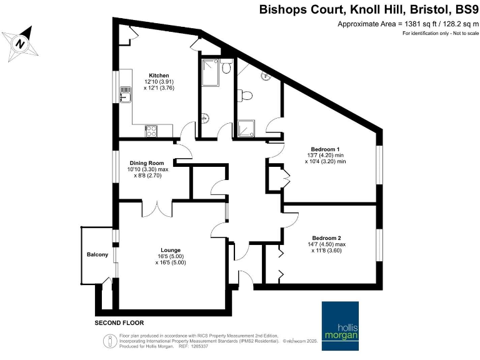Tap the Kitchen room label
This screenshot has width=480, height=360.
(154, 75)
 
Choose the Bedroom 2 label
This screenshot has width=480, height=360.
(326, 237)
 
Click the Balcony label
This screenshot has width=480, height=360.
(97, 254)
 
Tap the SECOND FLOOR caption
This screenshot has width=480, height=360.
(119, 323)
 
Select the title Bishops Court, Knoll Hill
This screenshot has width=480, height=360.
(337, 11)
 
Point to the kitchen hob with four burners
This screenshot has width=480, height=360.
(151, 131)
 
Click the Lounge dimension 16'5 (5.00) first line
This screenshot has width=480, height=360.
(170, 256)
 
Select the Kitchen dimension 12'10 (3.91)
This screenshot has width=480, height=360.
(156, 82)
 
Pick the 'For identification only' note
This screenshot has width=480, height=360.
(437, 33)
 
